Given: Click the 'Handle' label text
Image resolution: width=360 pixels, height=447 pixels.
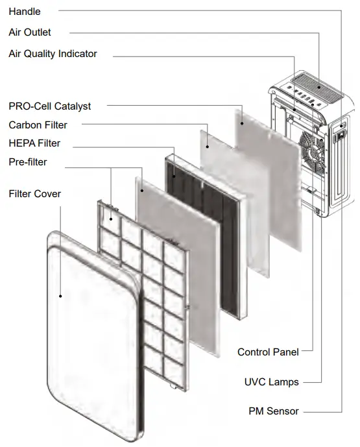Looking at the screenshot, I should (25, 12).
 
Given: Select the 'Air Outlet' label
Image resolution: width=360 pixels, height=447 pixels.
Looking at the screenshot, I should (30, 32).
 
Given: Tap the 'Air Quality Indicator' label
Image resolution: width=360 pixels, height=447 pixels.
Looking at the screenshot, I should (53, 54).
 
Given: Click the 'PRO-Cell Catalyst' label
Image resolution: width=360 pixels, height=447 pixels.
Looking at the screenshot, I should (49, 106).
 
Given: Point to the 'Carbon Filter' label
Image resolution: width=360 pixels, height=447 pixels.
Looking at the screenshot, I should (38, 125).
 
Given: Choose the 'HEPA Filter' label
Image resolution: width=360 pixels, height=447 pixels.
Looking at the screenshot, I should (34, 143).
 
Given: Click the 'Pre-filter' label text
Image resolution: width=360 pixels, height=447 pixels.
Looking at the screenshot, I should (27, 162).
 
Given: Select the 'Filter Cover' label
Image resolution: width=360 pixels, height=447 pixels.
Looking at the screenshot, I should (34, 194).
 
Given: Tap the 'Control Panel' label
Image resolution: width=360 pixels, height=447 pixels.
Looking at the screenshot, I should (268, 352).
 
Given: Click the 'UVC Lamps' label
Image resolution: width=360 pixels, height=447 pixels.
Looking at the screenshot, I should (272, 382).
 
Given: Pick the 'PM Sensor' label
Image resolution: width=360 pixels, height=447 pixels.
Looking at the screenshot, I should (274, 411).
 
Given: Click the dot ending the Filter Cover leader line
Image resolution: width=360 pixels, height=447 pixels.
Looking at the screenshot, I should (61, 296).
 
